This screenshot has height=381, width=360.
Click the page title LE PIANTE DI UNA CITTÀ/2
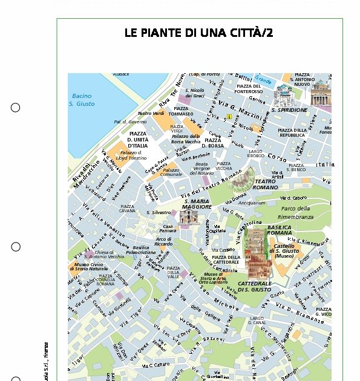pyautogui.click(x=198, y=33)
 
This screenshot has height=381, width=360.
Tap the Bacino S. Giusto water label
pyautogui.click(x=82, y=100)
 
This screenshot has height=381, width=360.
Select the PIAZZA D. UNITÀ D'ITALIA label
pyautogui.click(x=137, y=140)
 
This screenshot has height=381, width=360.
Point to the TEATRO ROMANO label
pyautogui.click(x=265, y=184)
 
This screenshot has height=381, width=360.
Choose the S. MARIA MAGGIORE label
pyautogui.click(x=197, y=204)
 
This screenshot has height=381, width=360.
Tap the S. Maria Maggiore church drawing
pyautogui.click(x=189, y=217)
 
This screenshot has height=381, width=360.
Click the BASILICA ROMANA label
pyautogui.click(x=280, y=230)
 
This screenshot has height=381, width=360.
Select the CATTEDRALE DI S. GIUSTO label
pyautogui.click(x=255, y=287)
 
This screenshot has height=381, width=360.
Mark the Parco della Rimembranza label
pyautogui.click(x=296, y=212)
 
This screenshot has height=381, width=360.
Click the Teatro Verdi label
pyautogui.click(x=151, y=113)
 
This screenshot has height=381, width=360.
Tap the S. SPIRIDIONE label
pyautogui.click(x=289, y=110)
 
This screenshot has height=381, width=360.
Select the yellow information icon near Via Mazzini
pyautogui.click(x=229, y=116)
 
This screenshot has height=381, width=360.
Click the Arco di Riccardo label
pyautogui.click(x=163, y=241)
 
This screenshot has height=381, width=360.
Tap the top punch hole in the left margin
pyautogui.click(x=15, y=108)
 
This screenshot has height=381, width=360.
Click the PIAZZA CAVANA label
pyautogui.click(x=127, y=209)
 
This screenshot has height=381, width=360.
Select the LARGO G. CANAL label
pyautogui.click(x=257, y=321)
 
